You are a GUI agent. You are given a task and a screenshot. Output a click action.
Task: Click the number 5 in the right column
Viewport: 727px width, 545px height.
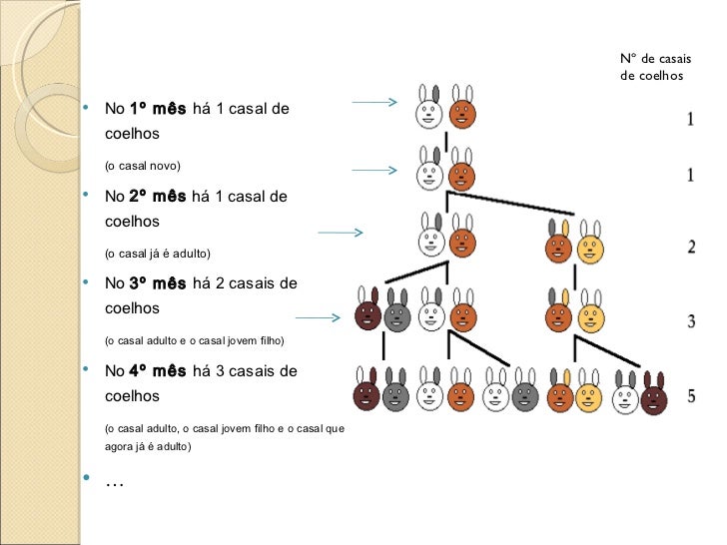coord(692,396)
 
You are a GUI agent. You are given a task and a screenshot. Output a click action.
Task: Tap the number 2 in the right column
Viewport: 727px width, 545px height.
coord(692,248)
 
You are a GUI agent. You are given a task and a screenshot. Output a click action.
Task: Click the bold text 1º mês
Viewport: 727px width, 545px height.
coord(157,108)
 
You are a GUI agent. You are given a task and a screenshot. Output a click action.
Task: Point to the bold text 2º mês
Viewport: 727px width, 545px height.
coord(157,197)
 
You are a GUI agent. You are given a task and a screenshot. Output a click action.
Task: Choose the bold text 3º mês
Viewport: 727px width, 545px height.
coord(157,284)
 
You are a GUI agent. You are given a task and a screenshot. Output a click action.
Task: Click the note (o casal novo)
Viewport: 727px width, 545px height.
coord(141,164)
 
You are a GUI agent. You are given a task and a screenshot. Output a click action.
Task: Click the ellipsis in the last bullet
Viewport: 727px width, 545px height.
coord(114,483)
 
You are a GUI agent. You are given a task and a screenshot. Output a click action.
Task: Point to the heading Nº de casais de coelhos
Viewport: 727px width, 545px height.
coord(654,67)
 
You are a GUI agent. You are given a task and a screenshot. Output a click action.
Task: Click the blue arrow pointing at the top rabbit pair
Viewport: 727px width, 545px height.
coord(374,102)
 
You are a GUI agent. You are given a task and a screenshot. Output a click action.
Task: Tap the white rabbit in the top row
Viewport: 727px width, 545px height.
coord(430,110)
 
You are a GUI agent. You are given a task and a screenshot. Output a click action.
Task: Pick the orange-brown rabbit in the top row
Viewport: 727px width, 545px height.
coord(461,110)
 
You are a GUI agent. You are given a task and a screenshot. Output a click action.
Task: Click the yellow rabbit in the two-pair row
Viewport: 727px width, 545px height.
coord(590,245)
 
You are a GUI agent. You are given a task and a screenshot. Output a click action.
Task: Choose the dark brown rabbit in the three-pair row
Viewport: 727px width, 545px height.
coord(367,313)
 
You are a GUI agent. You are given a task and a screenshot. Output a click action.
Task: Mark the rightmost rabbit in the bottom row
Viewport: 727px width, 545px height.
coord(654,395)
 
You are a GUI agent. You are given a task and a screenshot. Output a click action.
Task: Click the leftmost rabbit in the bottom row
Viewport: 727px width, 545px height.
coord(367,392)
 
